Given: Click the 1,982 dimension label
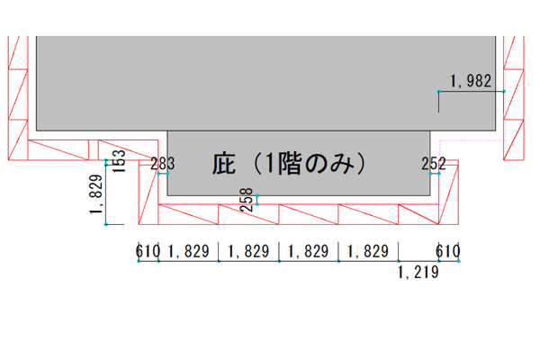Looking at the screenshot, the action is click(x=471, y=81).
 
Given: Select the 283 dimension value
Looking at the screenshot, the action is click(x=163, y=164).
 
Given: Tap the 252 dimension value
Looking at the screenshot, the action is click(x=434, y=164).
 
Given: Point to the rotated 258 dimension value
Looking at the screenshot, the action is click(x=247, y=200).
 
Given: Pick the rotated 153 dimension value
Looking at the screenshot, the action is click(x=119, y=161).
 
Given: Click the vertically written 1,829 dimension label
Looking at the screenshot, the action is click(x=96, y=194).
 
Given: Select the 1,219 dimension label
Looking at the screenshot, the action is click(x=418, y=273).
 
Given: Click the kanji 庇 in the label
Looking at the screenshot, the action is click(x=224, y=164).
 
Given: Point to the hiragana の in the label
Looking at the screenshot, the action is click(x=316, y=165).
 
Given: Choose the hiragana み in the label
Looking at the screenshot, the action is click(x=342, y=164).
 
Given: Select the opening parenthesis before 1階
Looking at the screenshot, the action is click(x=257, y=164).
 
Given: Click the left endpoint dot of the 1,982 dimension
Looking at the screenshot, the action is click(x=439, y=91).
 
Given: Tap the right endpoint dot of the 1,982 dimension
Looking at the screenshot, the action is click(x=504, y=91).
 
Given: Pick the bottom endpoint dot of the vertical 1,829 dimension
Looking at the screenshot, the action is click(x=106, y=225).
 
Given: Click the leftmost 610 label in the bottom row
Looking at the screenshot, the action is click(x=148, y=251).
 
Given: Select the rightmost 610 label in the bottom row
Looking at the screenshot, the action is click(x=448, y=251).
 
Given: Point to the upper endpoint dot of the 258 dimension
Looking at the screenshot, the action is click(x=256, y=195).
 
